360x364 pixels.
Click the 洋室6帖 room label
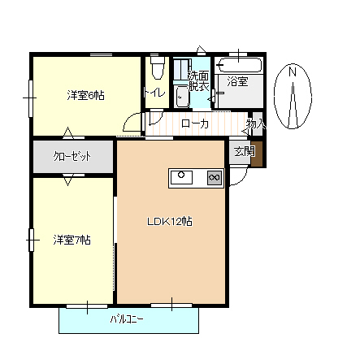tap(85, 95)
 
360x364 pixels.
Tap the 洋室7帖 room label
tap(72, 240)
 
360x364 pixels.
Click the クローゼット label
tap(72, 156)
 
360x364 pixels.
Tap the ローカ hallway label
tap(195, 123)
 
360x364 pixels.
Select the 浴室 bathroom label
tap(237, 81)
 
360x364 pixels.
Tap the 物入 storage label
tap(256, 124)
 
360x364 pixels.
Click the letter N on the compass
tap(291, 73)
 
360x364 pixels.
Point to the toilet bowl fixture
tap(156, 71)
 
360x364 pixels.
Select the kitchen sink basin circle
tap(182, 176)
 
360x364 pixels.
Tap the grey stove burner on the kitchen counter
tap(215, 177)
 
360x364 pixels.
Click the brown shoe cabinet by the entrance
tap(258, 153)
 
